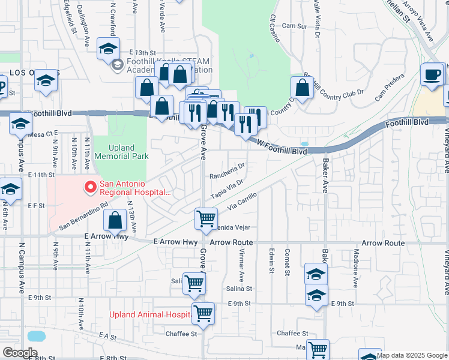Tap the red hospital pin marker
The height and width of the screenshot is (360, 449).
click(x=91, y=188)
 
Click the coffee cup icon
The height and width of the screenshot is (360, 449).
click(x=432, y=75)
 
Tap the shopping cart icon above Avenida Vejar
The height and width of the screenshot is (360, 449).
click(x=206, y=218)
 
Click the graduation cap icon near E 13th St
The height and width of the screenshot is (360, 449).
click(x=108, y=49)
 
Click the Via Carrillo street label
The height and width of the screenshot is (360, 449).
click(x=243, y=202)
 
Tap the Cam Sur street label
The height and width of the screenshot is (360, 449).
click(x=294, y=26)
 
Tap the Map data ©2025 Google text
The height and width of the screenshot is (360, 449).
click(x=412, y=355)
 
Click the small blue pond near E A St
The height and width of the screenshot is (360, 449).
click(x=35, y=335)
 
